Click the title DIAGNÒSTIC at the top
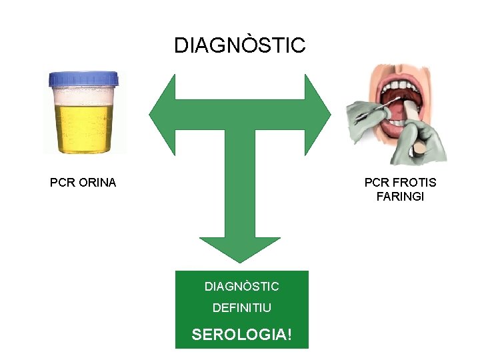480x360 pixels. click(x=239, y=45)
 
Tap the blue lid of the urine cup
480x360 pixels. click(x=83, y=80)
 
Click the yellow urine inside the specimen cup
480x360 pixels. click(x=83, y=127)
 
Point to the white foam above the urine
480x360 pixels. click(x=83, y=97)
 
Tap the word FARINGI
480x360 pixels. click(x=400, y=197)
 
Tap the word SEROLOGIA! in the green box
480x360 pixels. click(x=241, y=334)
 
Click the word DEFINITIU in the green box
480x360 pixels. click(x=241, y=308)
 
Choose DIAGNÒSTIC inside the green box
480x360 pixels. click(x=241, y=287)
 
